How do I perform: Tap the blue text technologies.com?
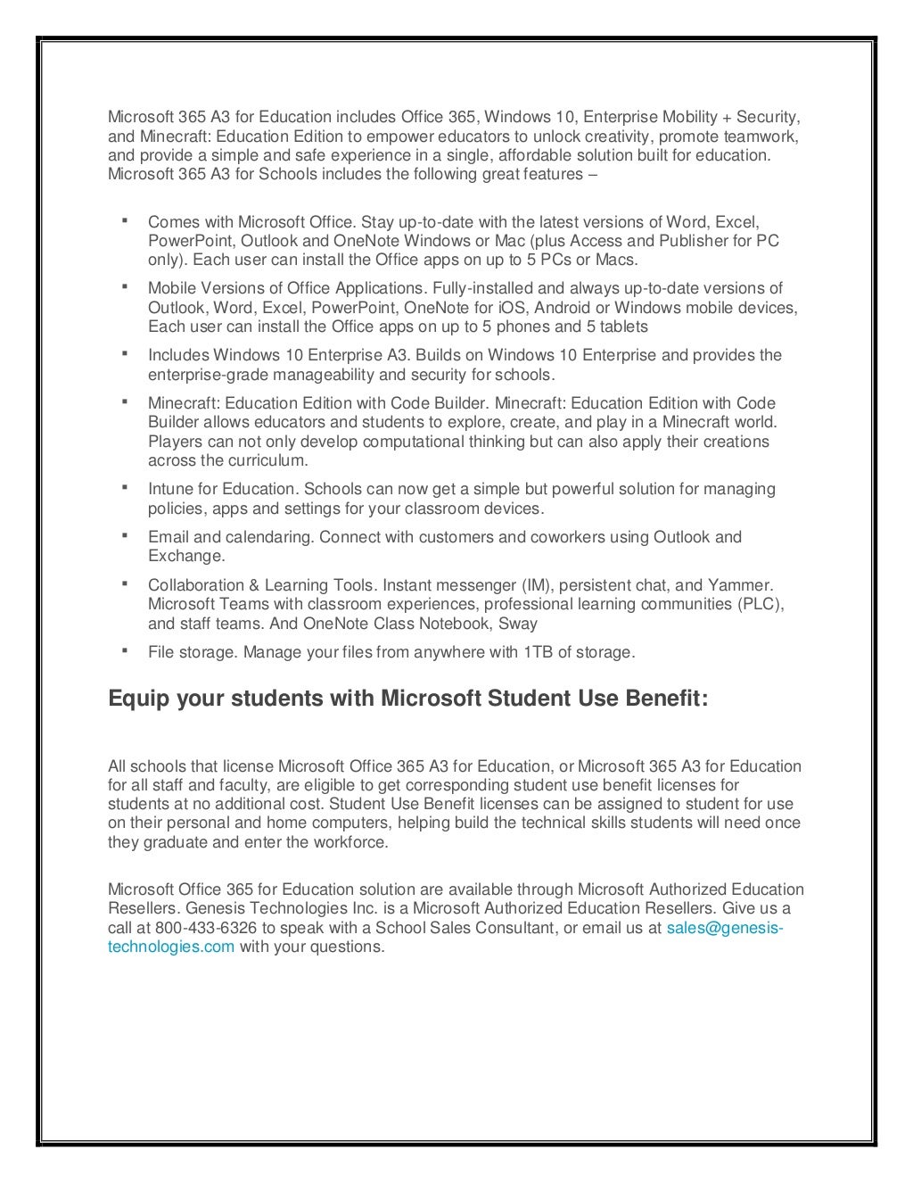pos(171,947)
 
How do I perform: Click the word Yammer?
pos(740,585)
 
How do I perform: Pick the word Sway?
pos(518,624)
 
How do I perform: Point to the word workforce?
pos(350,842)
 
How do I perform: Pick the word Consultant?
pos(514,928)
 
